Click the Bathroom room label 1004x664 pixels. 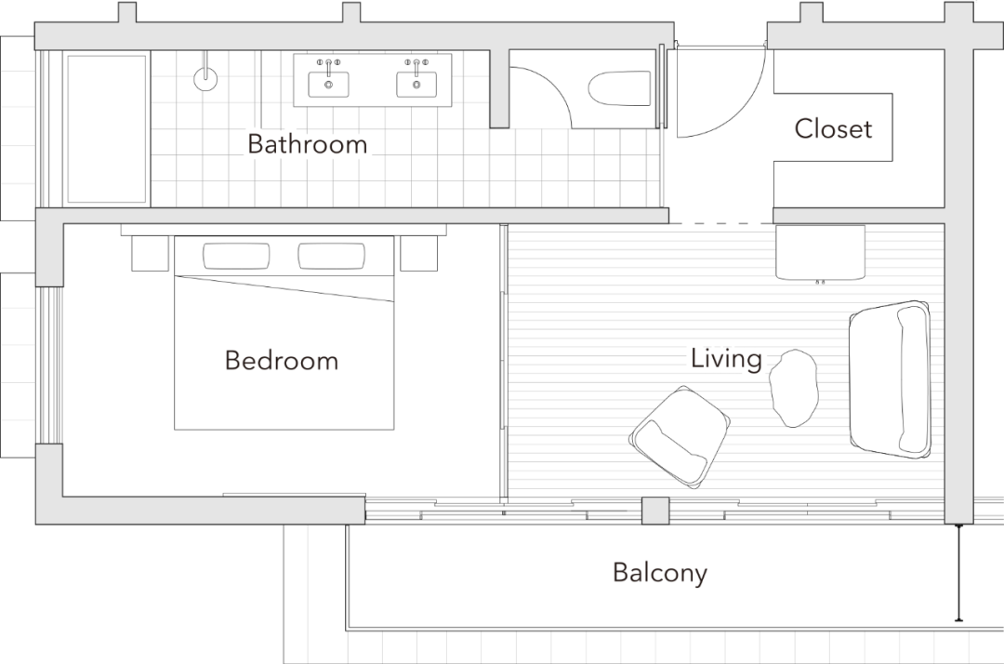click(x=307, y=144)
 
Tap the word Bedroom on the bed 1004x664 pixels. click(x=281, y=360)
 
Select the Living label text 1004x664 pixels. click(x=725, y=358)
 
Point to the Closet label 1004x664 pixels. click(x=834, y=128)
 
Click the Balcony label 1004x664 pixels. click(x=660, y=572)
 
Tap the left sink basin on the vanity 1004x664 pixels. click(x=329, y=84)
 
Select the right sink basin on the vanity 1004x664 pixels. click(x=416, y=84)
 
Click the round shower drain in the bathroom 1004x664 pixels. click(x=205, y=77)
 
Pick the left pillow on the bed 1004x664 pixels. click(x=236, y=256)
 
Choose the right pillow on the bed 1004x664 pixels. click(x=331, y=256)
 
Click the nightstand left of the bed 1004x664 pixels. click(x=150, y=253)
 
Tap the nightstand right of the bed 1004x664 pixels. click(x=418, y=253)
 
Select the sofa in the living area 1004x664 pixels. click(x=890, y=379)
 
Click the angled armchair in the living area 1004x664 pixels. click(x=680, y=435)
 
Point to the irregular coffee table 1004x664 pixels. click(x=794, y=388)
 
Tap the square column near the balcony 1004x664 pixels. click(x=655, y=511)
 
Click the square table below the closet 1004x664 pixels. click(x=821, y=252)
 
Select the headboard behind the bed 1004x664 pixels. click(x=284, y=230)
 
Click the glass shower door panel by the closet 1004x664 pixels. click(x=662, y=86)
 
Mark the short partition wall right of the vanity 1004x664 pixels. click(x=499, y=88)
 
